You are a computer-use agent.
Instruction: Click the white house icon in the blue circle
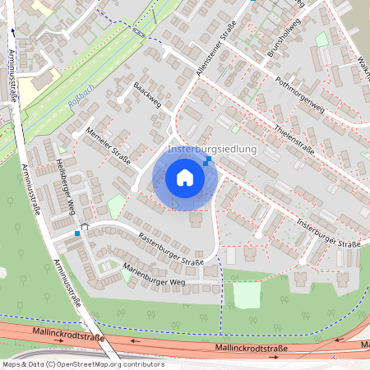[185, 177]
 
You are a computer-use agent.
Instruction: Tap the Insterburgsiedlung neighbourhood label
[212, 150]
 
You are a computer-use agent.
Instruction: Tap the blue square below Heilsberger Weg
[77, 234]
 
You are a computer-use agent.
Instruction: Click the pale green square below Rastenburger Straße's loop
[247, 295]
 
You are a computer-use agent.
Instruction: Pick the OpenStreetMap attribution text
[82, 363]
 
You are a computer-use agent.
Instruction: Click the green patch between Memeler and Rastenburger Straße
[117, 205]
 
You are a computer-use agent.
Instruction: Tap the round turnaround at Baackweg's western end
[121, 100]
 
